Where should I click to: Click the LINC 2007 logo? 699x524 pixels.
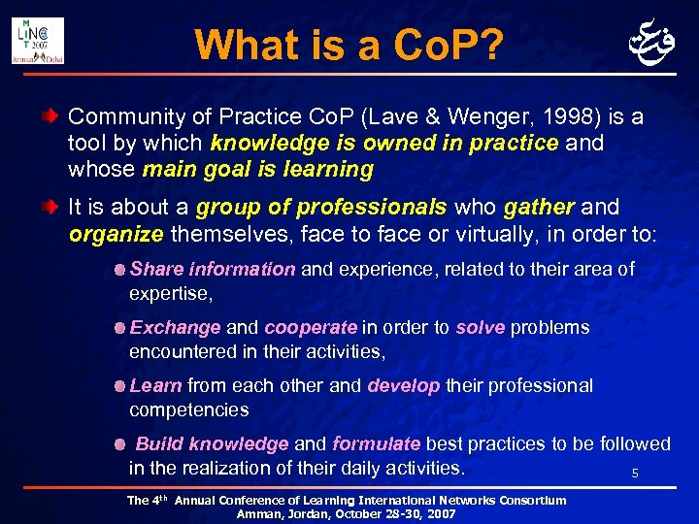coord(39,41)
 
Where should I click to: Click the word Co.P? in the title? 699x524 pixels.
coord(448,45)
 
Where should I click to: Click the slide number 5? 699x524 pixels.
coord(635,474)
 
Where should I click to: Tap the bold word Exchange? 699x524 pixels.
coord(175,328)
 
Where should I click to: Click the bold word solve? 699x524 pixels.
coord(480,328)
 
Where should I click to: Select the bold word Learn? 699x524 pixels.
coord(155,385)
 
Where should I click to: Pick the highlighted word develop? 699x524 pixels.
coord(404,385)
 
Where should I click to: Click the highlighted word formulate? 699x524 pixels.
coord(377,443)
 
